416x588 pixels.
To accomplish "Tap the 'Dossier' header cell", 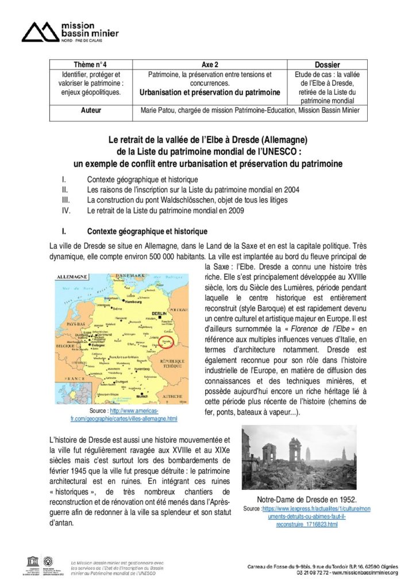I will [328, 65].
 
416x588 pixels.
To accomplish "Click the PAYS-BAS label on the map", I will [74, 324].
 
